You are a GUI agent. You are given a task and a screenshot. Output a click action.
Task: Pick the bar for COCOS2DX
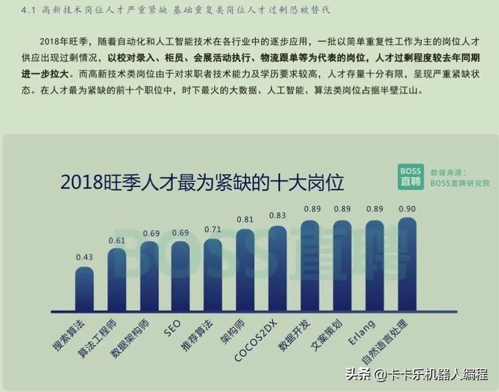pyautogui.click(x=277, y=270)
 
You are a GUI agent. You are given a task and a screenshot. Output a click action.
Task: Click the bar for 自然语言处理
pyautogui.click(x=407, y=266)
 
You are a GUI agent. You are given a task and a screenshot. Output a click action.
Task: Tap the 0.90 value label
pyautogui.click(x=407, y=209)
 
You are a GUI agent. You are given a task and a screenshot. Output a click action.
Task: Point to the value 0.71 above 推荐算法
pyautogui.click(x=213, y=230)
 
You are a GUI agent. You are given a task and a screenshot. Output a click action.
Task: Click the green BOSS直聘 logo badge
pyautogui.click(x=410, y=176)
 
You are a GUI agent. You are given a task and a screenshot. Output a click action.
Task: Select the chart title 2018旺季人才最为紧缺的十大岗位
pyautogui.click(x=206, y=182)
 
